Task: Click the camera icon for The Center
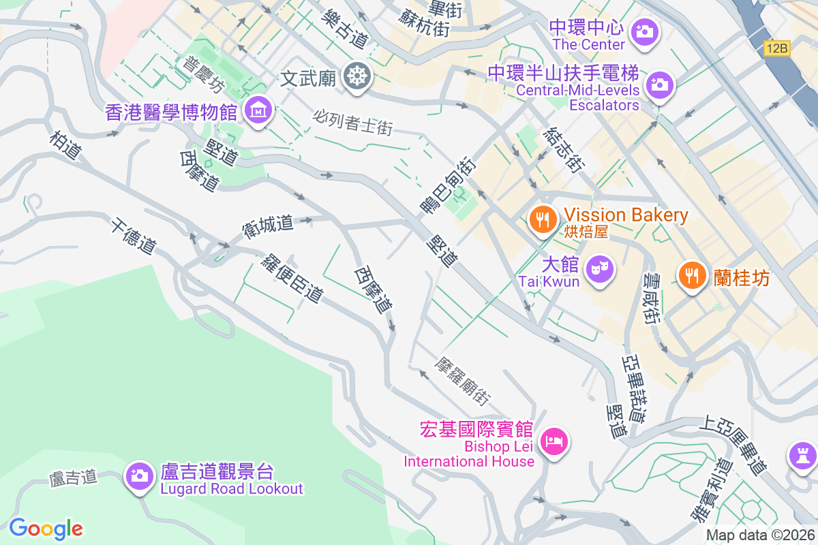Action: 643,31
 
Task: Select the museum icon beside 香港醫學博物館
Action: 258,109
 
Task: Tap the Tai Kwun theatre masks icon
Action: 600,268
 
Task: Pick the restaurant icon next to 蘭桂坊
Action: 692,275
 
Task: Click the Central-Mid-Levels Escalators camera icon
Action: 659,85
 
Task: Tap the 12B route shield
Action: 776,48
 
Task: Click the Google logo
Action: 46,528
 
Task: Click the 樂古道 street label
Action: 346,29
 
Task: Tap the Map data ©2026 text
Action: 759,535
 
